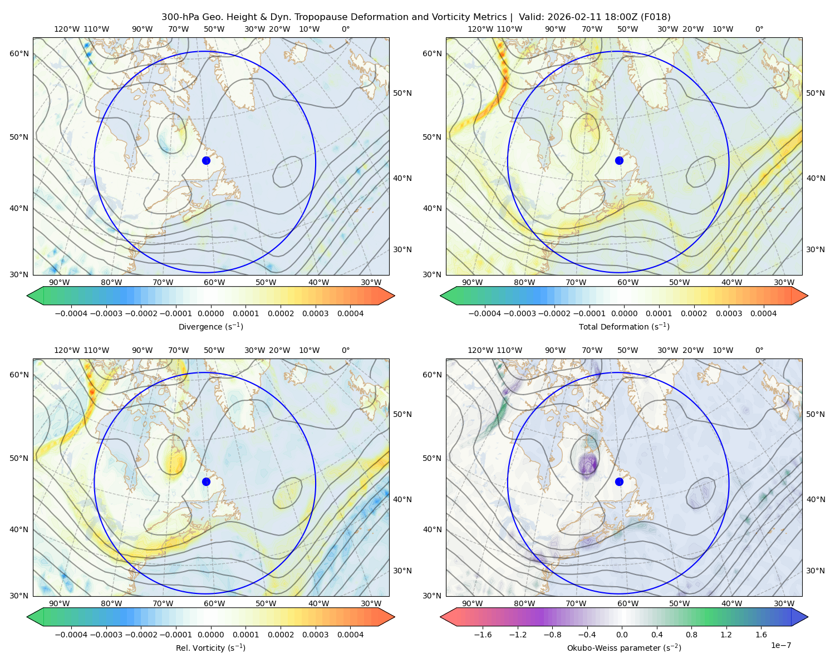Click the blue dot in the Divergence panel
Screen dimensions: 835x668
(x=206, y=160)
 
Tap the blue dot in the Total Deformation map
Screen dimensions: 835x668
(x=619, y=160)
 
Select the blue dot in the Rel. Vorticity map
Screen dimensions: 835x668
(x=206, y=482)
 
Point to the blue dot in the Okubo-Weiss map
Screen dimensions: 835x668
(x=619, y=482)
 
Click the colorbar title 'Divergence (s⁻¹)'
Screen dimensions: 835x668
(x=210, y=326)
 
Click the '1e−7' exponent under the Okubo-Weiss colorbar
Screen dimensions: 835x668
(x=780, y=645)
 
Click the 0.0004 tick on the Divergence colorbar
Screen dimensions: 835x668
(x=350, y=313)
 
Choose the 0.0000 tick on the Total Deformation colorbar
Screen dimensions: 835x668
(x=624, y=313)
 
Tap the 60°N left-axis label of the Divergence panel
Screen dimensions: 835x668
(x=19, y=53)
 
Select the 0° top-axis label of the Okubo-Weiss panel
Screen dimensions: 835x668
(x=759, y=350)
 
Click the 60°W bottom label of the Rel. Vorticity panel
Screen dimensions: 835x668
(x=214, y=603)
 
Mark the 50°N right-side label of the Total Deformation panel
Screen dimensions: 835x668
(x=815, y=93)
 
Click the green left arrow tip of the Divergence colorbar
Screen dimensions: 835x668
(x=27, y=296)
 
